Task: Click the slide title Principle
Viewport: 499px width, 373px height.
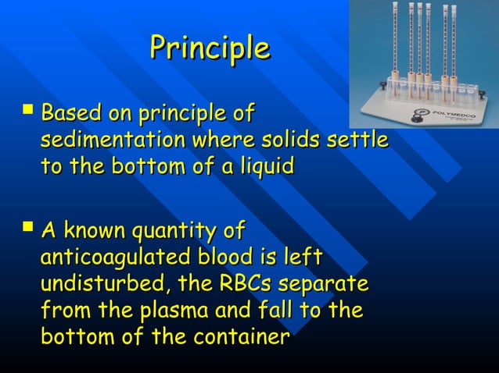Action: point(210,48)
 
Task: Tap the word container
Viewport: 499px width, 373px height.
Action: point(238,337)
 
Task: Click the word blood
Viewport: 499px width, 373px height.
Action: point(238,257)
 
